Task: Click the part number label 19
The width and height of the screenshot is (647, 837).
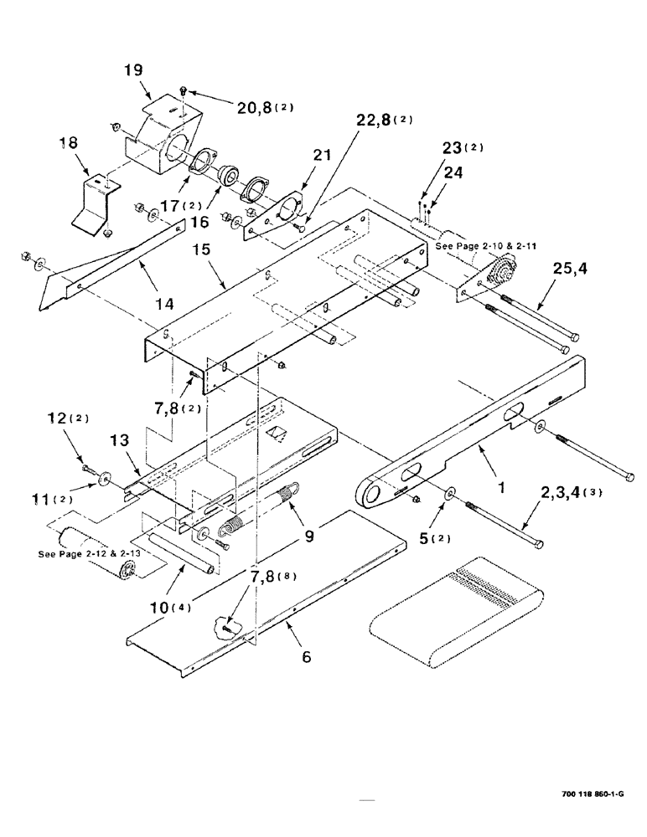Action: coord(135,72)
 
